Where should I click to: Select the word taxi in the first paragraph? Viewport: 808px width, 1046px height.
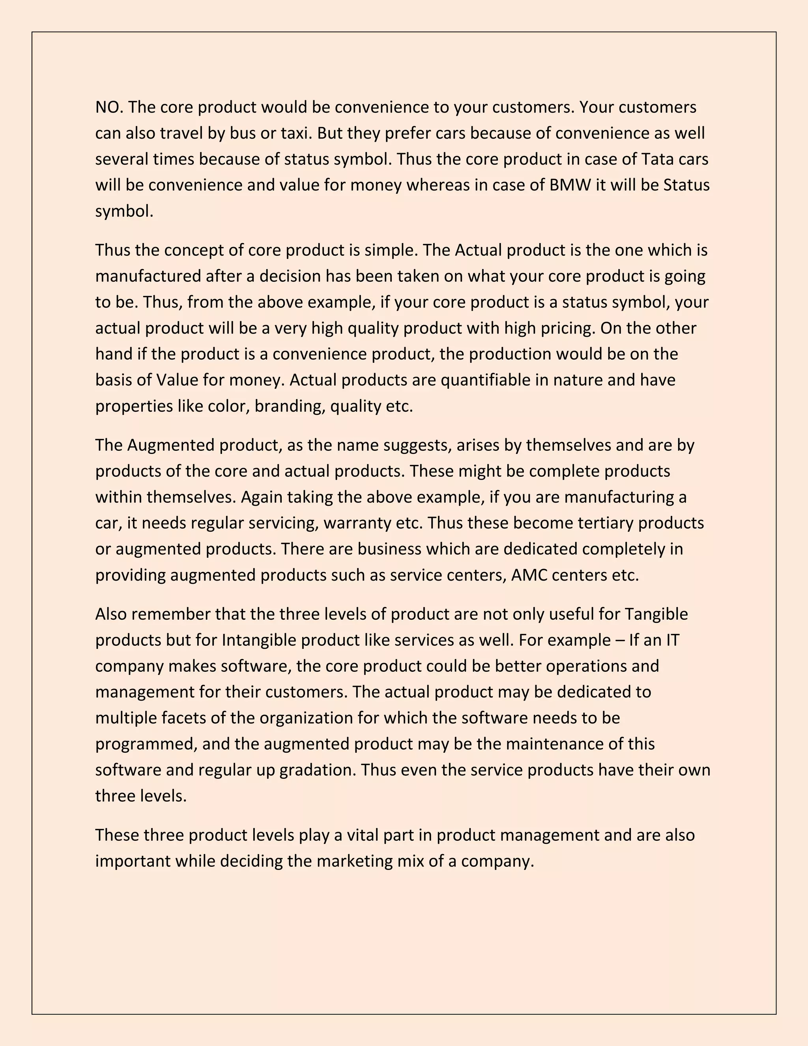[295, 133]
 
